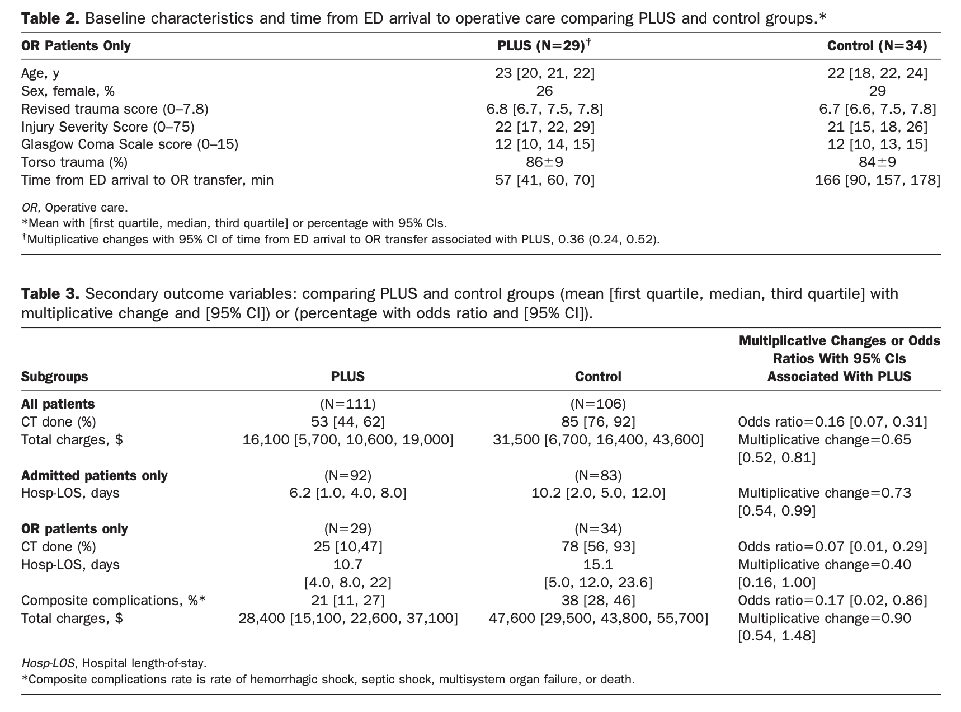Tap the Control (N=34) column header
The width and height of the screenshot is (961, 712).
(x=877, y=46)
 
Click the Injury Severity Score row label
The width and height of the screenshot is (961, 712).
(x=108, y=127)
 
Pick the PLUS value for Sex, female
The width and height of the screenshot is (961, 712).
(x=544, y=91)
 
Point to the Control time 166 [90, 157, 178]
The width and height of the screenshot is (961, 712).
(x=877, y=180)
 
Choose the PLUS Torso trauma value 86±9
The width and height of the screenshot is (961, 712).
(x=544, y=162)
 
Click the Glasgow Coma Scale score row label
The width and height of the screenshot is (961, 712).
(x=130, y=144)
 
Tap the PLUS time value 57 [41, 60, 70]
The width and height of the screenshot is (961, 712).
(x=544, y=180)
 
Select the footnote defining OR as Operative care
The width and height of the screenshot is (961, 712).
(x=74, y=208)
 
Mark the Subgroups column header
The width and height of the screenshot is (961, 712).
(x=54, y=377)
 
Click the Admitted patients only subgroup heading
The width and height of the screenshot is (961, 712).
(x=94, y=475)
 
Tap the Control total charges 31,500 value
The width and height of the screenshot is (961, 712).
(x=598, y=439)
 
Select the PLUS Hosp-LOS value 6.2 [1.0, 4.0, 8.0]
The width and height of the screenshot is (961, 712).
(x=347, y=493)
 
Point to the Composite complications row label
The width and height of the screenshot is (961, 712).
(x=114, y=601)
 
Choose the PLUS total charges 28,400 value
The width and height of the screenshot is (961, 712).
(x=347, y=619)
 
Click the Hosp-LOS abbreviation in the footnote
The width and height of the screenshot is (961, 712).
(x=49, y=663)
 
